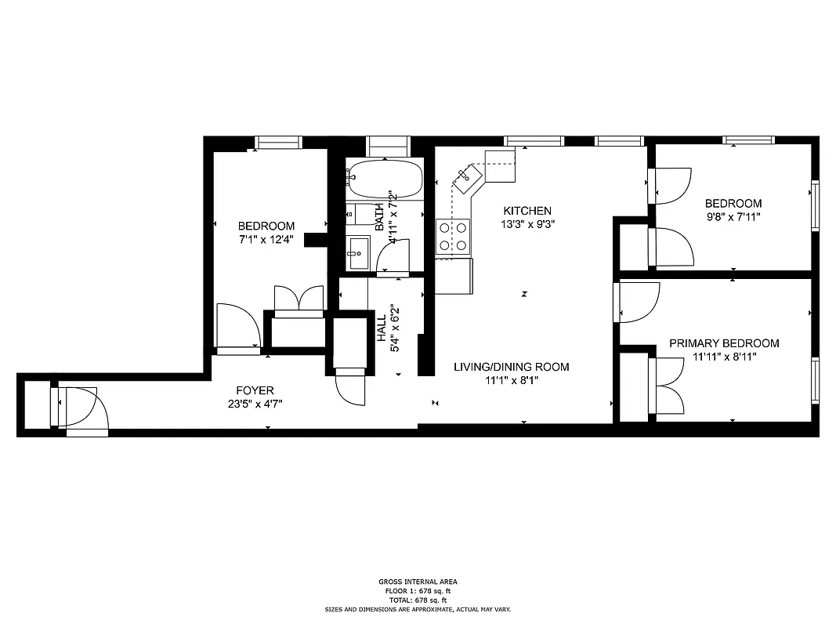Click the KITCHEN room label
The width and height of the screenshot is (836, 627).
[527, 211]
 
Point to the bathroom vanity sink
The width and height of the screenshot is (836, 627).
[359, 252]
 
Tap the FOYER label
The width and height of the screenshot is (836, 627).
[255, 390]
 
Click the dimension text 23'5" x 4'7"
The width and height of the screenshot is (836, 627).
[255, 404]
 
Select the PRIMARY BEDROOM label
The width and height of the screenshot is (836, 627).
[724, 343]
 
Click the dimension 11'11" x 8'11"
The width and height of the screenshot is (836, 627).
[724, 357]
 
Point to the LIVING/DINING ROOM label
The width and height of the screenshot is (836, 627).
[512, 367]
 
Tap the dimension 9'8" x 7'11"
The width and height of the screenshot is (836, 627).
[733, 216]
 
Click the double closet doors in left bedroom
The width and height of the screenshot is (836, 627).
[299, 300]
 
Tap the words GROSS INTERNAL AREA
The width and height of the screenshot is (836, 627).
[418, 582]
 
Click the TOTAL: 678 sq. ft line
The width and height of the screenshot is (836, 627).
[418, 600]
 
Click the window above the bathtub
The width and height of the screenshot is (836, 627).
[389, 145]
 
